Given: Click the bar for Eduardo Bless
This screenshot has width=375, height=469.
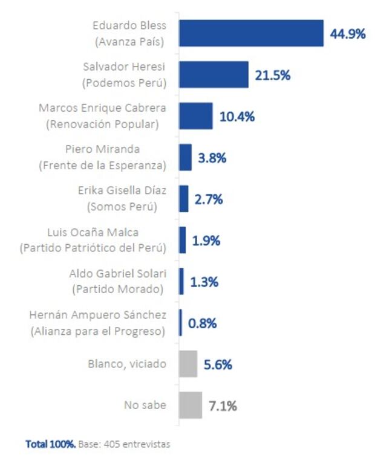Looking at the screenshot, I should click(251, 33).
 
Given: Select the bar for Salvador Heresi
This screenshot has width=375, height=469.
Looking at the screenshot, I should click(214, 74).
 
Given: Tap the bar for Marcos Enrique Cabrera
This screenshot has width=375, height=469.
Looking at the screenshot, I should click(195, 116).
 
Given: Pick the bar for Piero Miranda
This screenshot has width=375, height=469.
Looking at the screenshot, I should click(185, 158).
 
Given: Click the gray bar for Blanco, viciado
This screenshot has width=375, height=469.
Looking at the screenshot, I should click(188, 364).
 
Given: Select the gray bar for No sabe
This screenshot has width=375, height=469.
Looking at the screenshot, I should click(190, 405).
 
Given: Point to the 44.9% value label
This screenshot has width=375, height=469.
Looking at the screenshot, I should click(347, 34).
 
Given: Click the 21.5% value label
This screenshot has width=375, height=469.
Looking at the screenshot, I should click(273, 76).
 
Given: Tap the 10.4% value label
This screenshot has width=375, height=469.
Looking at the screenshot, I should click(236, 117).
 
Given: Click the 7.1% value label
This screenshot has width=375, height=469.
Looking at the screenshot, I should click(223, 406).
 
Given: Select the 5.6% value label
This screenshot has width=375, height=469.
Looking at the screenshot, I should click(218, 364).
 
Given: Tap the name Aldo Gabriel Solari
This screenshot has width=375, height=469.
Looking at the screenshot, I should click(117, 274).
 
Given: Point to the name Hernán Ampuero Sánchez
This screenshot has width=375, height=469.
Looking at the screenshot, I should click(97, 315).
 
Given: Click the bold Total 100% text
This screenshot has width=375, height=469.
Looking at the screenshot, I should click(51, 444).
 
